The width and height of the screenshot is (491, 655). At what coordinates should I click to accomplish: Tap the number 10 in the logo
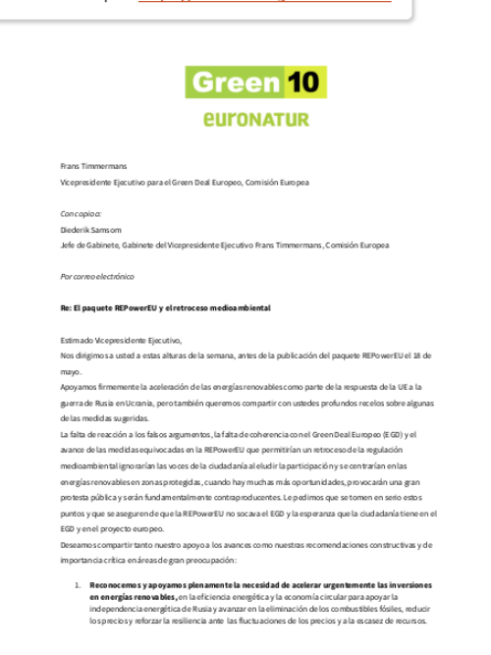click(304, 82)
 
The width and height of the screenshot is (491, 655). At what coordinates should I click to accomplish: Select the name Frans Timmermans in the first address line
click(86, 168)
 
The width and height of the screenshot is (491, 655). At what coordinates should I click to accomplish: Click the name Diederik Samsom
click(90, 230)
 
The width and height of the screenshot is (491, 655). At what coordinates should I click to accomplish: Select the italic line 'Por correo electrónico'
click(97, 277)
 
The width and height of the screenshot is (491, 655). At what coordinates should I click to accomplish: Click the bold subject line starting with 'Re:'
click(165, 308)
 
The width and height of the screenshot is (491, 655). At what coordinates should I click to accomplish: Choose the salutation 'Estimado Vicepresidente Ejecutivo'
click(120, 340)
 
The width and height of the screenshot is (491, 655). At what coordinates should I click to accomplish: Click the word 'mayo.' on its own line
click(71, 371)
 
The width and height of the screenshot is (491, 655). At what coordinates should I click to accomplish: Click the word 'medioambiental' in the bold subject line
click(239, 308)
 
